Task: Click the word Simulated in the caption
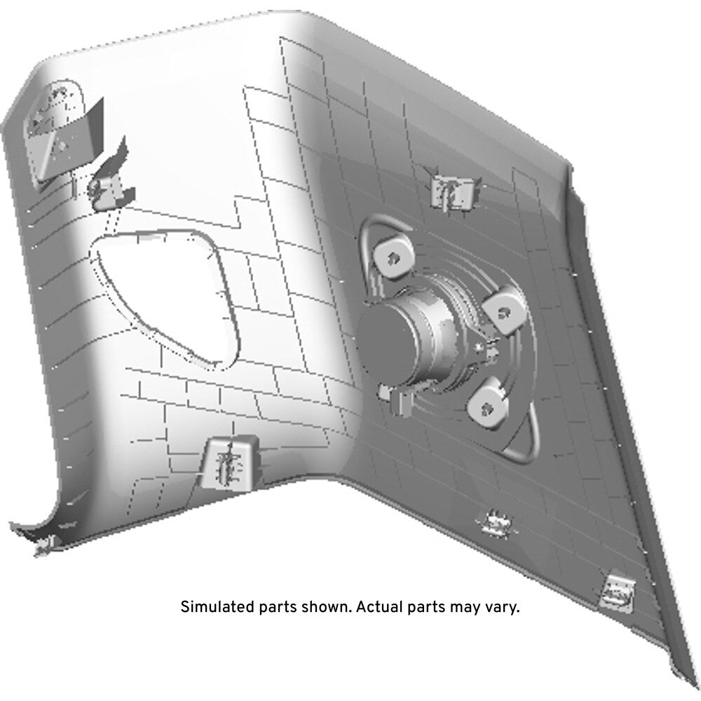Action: [x=217, y=607]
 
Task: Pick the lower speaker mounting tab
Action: [x=488, y=405]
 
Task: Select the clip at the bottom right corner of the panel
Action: [x=618, y=592]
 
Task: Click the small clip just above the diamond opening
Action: [x=109, y=183]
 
